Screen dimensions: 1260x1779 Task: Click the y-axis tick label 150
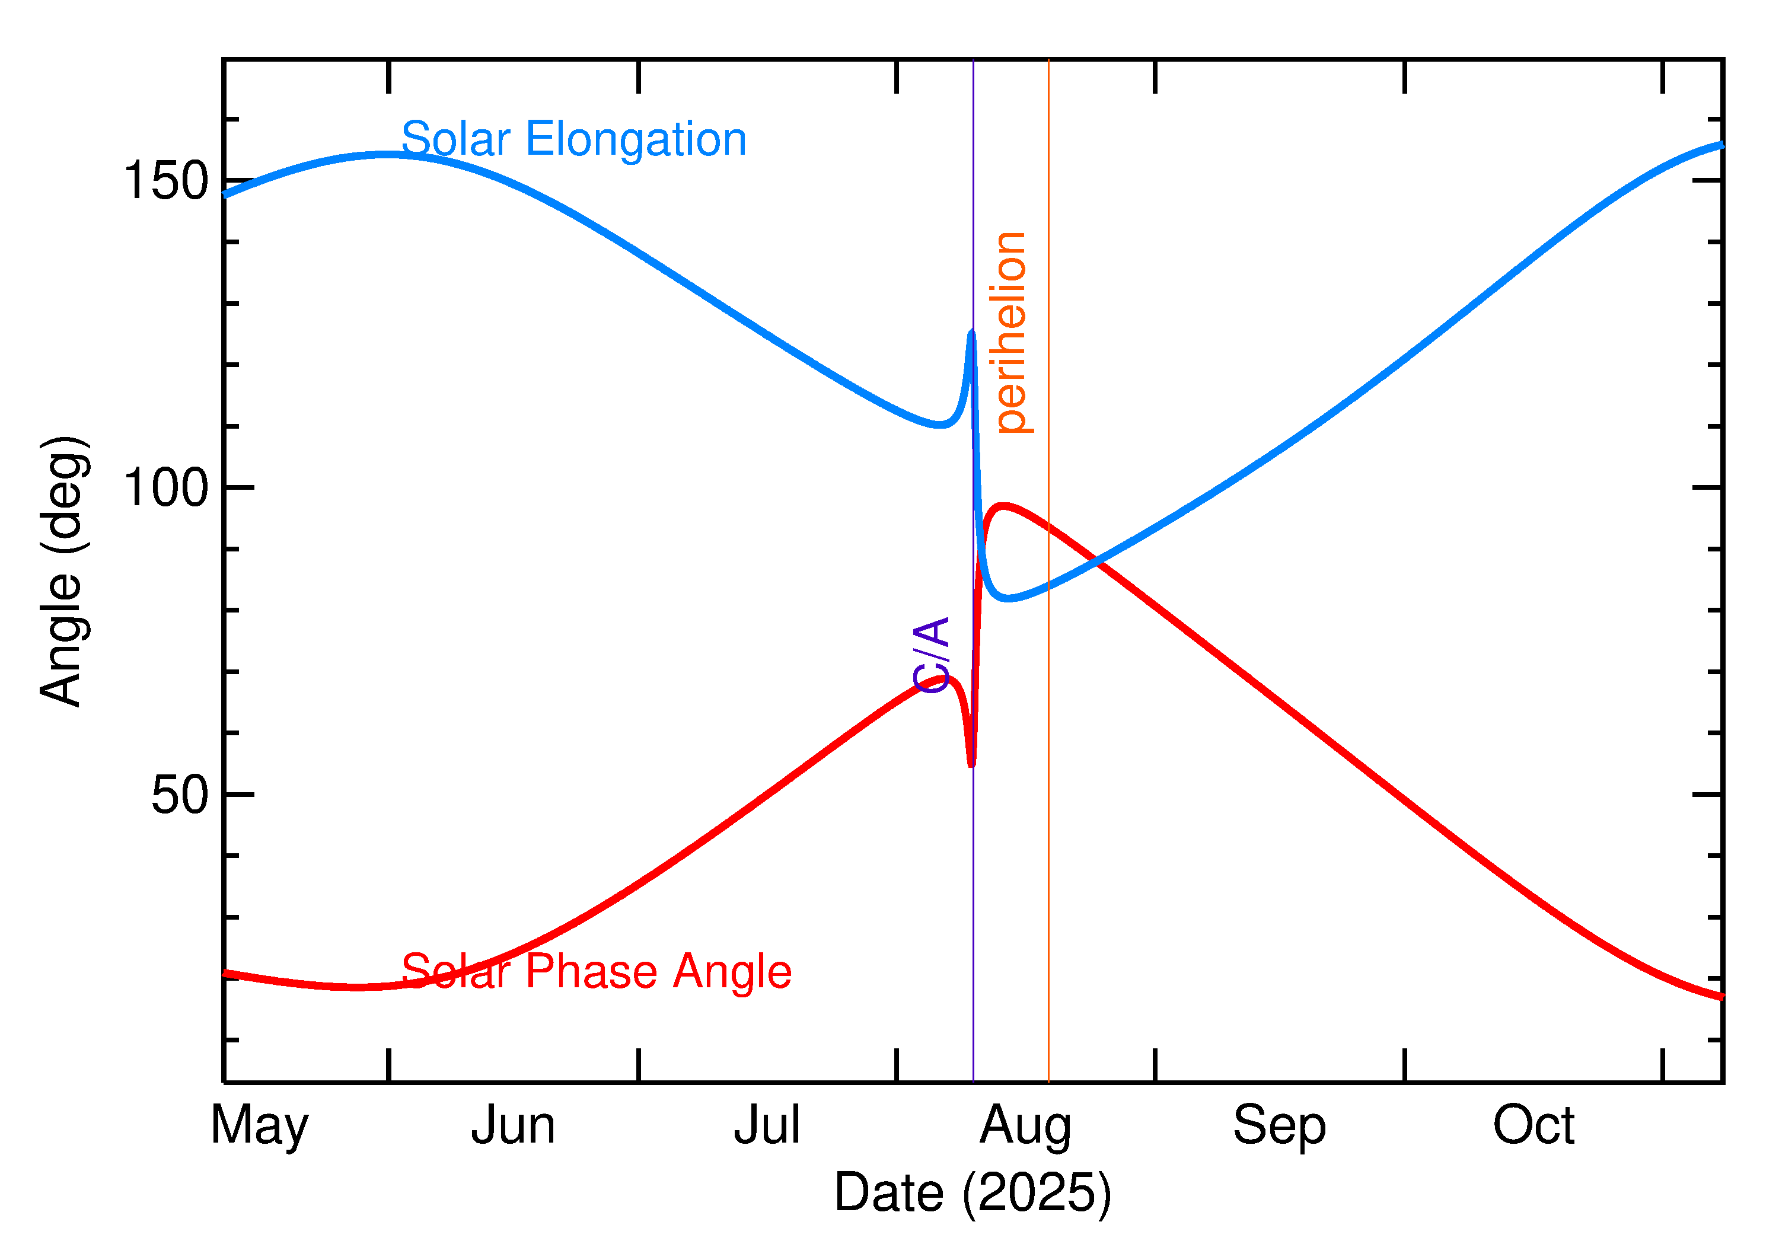point(166,181)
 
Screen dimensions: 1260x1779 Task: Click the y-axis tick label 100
point(166,488)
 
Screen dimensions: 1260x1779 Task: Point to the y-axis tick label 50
point(180,795)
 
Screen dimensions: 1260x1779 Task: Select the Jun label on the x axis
point(513,1126)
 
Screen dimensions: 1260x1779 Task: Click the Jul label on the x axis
point(767,1126)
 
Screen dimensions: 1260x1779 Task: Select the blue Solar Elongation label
point(573,140)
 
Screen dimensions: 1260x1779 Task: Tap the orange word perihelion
point(1010,332)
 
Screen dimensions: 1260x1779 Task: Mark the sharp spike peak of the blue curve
point(972,333)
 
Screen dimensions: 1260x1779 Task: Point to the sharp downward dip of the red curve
point(971,765)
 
